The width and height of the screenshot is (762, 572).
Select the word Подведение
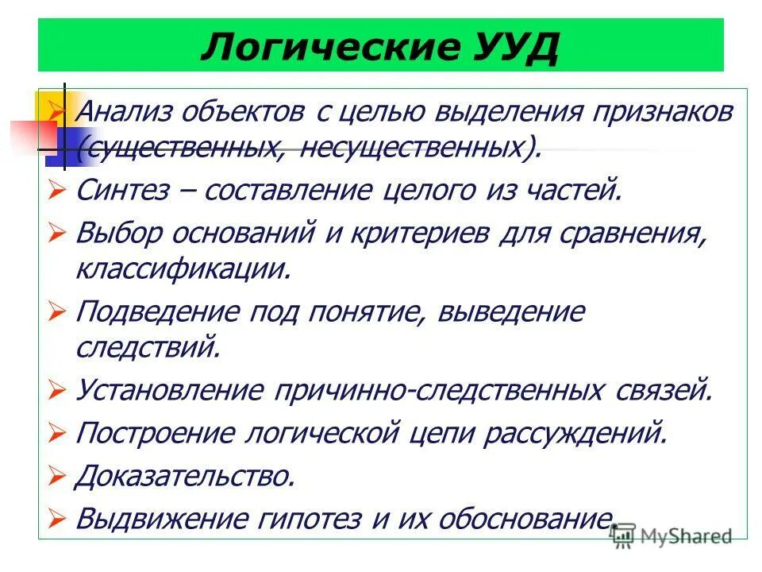coord(162,311)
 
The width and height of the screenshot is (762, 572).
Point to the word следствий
coord(146,347)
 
